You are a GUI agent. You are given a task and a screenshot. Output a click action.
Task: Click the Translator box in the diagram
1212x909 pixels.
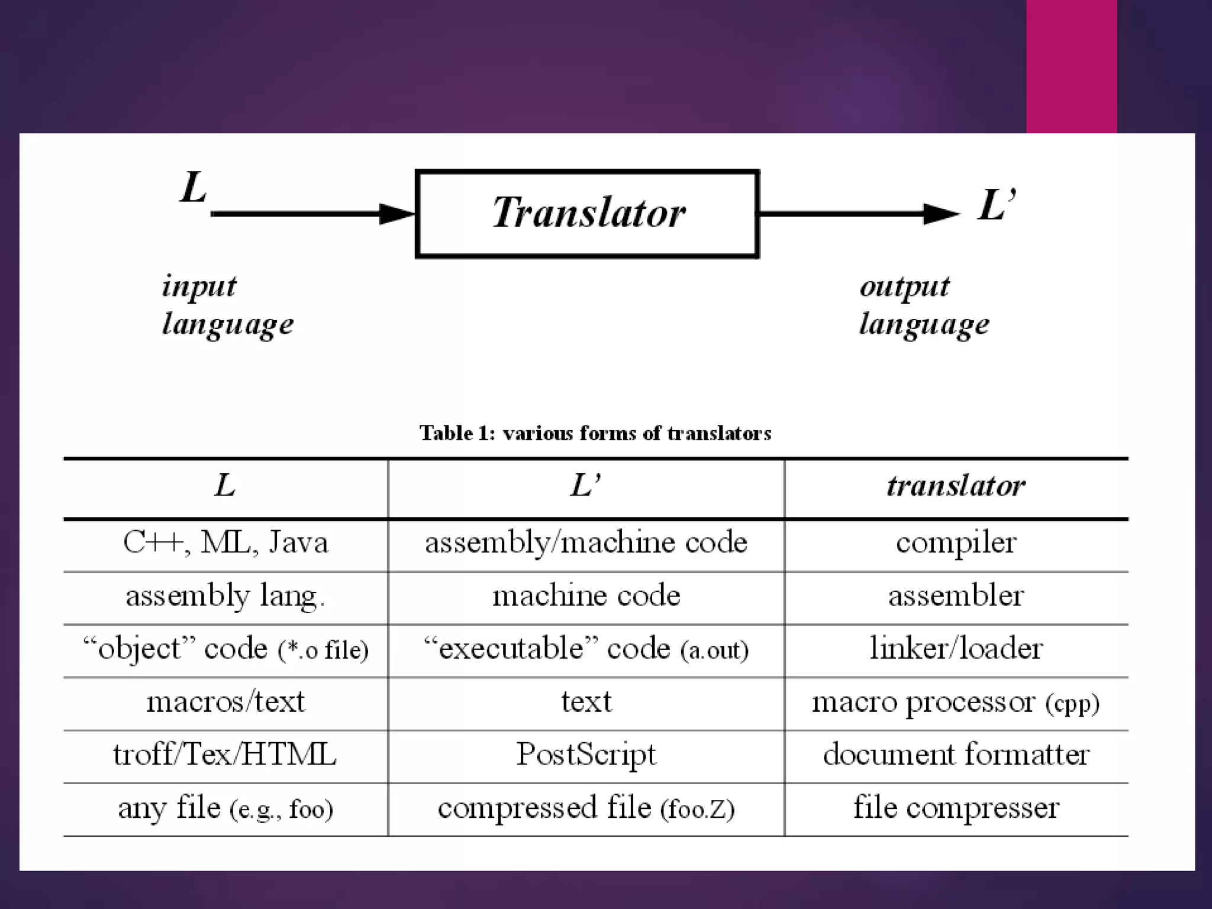pos(588,214)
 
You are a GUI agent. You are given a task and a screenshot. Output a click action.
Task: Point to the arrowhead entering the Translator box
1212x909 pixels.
pos(398,214)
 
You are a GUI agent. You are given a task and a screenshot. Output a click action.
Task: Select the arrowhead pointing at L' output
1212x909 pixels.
pos(942,214)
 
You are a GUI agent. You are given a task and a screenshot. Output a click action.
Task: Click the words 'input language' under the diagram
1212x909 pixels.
pos(228,305)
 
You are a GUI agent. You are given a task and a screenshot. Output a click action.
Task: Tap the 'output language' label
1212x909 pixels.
pos(924,305)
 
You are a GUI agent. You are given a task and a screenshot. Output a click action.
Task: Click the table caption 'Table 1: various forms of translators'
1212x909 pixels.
pos(595,433)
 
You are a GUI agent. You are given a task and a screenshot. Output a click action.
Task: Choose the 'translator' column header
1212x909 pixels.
pos(956,486)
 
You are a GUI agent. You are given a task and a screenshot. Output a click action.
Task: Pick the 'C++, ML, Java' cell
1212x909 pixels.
pos(225,543)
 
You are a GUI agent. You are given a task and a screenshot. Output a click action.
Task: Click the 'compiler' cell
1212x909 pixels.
pos(956,543)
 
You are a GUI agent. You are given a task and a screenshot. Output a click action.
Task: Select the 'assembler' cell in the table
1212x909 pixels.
pos(956,596)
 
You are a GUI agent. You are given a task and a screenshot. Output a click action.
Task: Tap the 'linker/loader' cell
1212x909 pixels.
pos(956,649)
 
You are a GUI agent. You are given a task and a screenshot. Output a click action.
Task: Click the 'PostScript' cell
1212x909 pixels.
pos(586,755)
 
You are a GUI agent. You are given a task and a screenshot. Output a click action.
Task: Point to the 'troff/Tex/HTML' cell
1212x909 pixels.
pos(225,755)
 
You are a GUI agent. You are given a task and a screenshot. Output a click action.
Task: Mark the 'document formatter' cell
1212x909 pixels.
pos(956,755)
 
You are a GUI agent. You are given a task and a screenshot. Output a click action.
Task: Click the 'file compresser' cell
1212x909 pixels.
pos(956,808)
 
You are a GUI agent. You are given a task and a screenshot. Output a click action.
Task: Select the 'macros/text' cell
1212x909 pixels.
pos(225,702)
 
